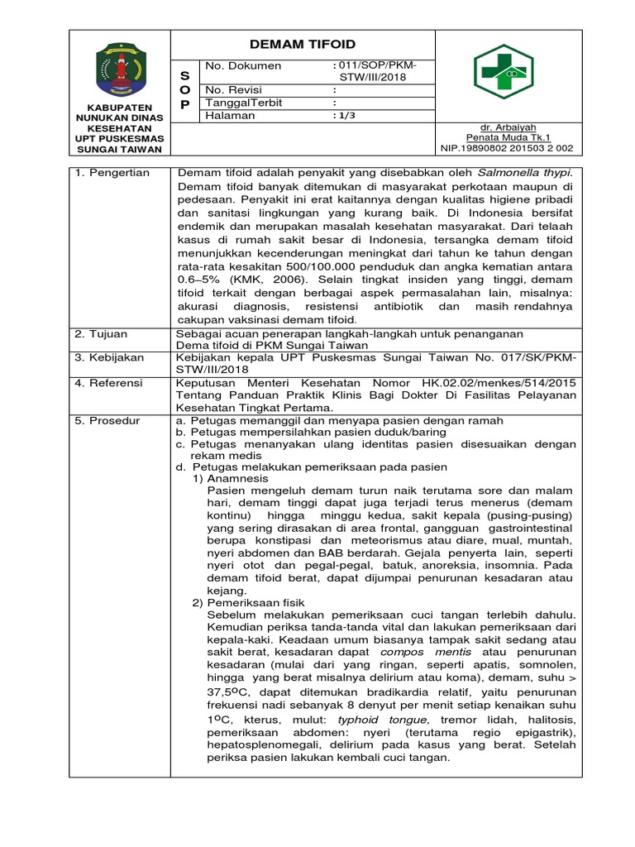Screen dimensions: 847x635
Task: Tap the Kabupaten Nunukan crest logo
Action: point(120,66)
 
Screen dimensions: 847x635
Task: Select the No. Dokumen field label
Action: point(242,66)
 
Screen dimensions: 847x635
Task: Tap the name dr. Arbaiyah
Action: point(508,127)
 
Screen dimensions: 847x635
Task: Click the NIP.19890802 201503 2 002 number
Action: point(508,148)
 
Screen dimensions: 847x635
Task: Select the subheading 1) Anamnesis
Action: point(231,478)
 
